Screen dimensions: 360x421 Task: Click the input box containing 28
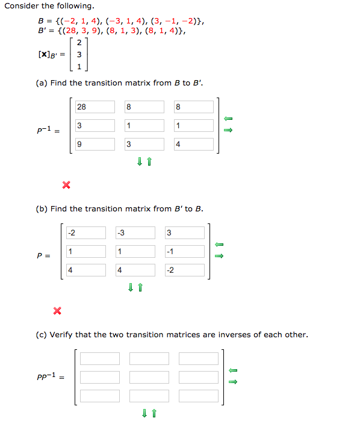[x=95, y=107]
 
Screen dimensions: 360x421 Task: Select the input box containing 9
[x=95, y=145]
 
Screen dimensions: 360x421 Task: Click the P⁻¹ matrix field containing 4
[x=193, y=145]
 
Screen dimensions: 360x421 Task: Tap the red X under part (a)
[x=66, y=184]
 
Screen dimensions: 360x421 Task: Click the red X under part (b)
[x=57, y=311]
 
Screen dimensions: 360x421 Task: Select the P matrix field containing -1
[x=184, y=252]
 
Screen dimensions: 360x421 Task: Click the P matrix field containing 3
[x=184, y=233]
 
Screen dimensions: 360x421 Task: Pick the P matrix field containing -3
[x=135, y=233]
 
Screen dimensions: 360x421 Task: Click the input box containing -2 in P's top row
[x=85, y=233]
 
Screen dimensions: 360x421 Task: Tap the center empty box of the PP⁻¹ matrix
[x=149, y=378]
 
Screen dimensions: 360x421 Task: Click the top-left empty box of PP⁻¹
[x=99, y=359]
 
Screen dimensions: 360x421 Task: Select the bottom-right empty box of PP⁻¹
[x=198, y=396]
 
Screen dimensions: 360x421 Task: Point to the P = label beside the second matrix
[x=43, y=255]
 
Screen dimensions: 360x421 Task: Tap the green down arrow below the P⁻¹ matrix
[x=140, y=161]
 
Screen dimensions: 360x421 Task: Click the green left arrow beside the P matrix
[x=219, y=244]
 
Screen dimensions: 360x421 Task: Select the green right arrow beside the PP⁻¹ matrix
[x=234, y=381]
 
